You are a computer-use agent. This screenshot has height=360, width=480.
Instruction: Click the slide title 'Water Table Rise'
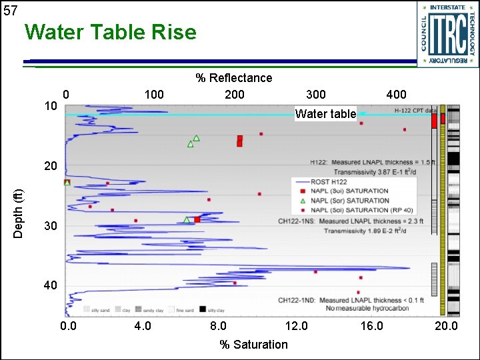110,32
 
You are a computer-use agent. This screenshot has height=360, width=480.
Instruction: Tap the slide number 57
10,11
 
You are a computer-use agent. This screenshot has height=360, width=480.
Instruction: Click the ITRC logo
447,34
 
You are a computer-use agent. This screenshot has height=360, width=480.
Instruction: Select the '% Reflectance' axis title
233,78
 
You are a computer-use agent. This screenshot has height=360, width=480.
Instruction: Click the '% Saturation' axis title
254,345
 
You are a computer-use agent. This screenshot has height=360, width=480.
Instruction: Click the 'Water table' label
325,114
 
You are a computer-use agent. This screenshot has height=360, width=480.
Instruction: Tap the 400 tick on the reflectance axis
396,95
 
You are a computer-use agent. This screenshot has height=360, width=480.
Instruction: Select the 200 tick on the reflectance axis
235,95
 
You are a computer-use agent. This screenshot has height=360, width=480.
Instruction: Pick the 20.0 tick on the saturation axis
446,326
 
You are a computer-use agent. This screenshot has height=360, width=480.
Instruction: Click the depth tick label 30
51,227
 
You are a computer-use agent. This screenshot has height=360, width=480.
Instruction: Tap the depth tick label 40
51,285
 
